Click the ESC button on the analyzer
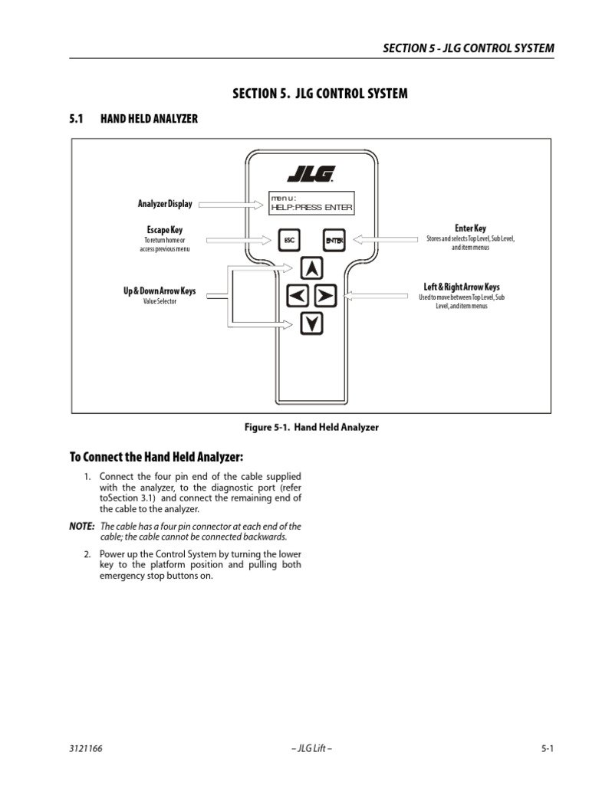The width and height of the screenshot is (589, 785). (x=289, y=240)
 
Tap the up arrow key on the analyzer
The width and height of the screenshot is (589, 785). (x=311, y=268)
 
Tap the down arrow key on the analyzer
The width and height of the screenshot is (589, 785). (x=311, y=324)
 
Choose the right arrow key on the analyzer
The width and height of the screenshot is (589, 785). (x=324, y=295)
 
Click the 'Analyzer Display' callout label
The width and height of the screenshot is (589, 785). (x=165, y=204)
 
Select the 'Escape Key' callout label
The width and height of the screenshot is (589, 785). (x=165, y=229)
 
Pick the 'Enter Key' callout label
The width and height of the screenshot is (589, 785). (x=470, y=228)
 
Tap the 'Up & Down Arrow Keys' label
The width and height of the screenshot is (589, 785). (x=160, y=291)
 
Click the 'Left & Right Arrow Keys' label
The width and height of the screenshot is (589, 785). (x=462, y=287)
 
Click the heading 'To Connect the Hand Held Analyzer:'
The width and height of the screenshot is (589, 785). (x=156, y=458)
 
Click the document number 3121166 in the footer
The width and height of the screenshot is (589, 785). (x=87, y=750)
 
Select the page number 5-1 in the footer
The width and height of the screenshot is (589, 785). (x=547, y=750)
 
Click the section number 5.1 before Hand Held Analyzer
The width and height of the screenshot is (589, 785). (x=76, y=119)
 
